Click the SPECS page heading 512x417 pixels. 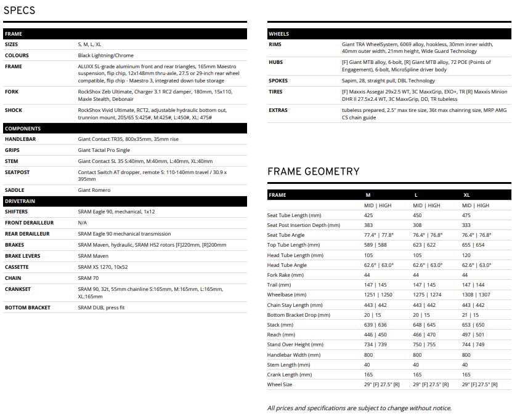tap(19, 10)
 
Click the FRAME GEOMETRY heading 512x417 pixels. tap(313, 172)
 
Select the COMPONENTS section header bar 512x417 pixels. tap(125, 129)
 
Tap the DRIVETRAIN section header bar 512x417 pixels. tap(125, 201)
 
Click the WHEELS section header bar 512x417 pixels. tap(389, 34)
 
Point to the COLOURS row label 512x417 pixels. tap(17, 55)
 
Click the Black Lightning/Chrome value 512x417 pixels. tap(106, 55)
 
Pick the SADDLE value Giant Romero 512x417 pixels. tap(94, 190)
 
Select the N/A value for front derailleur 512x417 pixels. tap(83, 223)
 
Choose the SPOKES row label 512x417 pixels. tap(278, 81)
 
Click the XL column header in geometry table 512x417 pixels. tap(466, 195)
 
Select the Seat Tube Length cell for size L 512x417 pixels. tap(417, 215)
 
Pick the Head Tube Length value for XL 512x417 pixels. tap(466, 255)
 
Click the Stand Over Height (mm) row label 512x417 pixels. tap(297, 344)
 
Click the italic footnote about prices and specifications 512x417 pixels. tap(359, 408)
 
